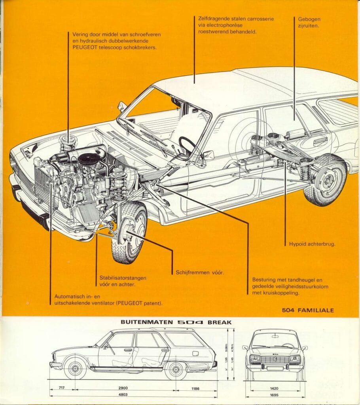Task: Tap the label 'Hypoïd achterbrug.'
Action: [x=310, y=244]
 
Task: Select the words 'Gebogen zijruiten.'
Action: [x=307, y=23]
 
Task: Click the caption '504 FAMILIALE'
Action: [x=308, y=310]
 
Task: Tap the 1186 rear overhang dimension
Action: [x=195, y=389]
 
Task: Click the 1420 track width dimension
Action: [x=275, y=389]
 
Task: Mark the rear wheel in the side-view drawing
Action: [x=176, y=369]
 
